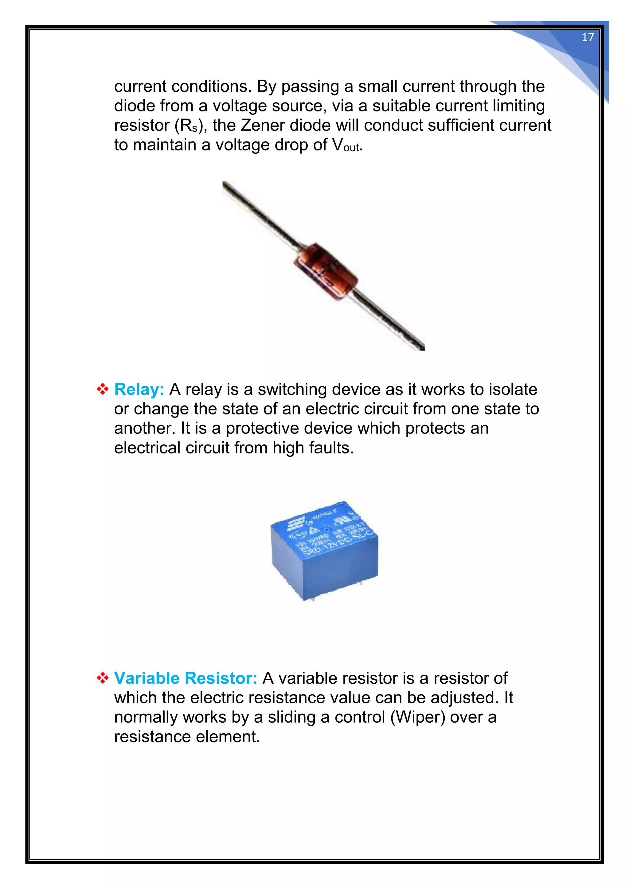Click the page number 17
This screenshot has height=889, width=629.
(x=588, y=37)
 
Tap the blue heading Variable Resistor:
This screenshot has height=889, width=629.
(x=186, y=678)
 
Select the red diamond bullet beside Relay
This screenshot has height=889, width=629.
(x=102, y=390)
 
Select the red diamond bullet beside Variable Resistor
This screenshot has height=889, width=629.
(x=102, y=678)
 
